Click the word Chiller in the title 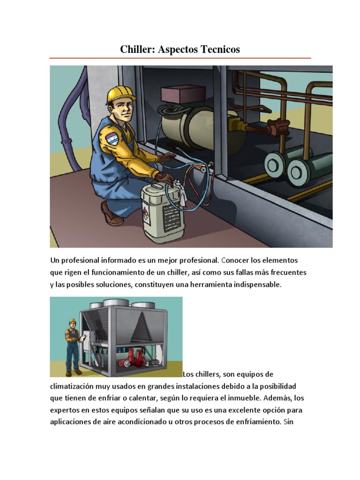pos(135,49)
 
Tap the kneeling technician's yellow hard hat pos(119,94)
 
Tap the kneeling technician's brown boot pos(110,214)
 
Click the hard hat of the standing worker pos(72,321)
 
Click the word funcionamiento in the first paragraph pos(116,272)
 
